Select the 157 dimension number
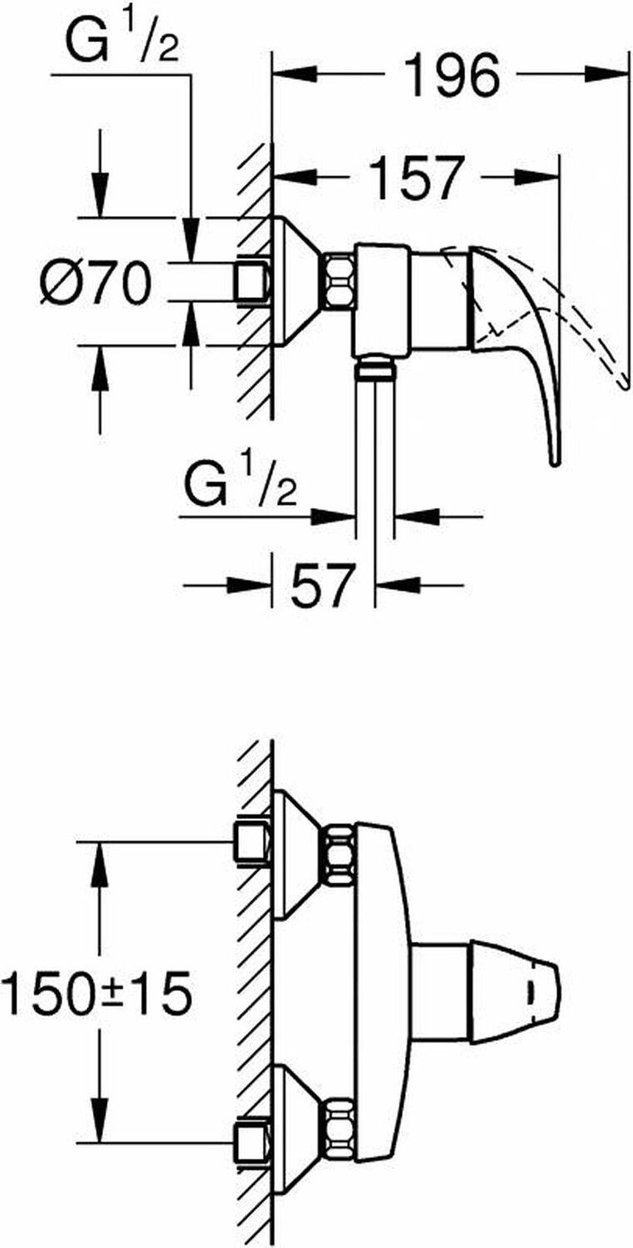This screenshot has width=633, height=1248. click(418, 177)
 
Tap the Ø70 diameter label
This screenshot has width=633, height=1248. click(96, 283)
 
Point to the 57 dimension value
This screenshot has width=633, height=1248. click(324, 585)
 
